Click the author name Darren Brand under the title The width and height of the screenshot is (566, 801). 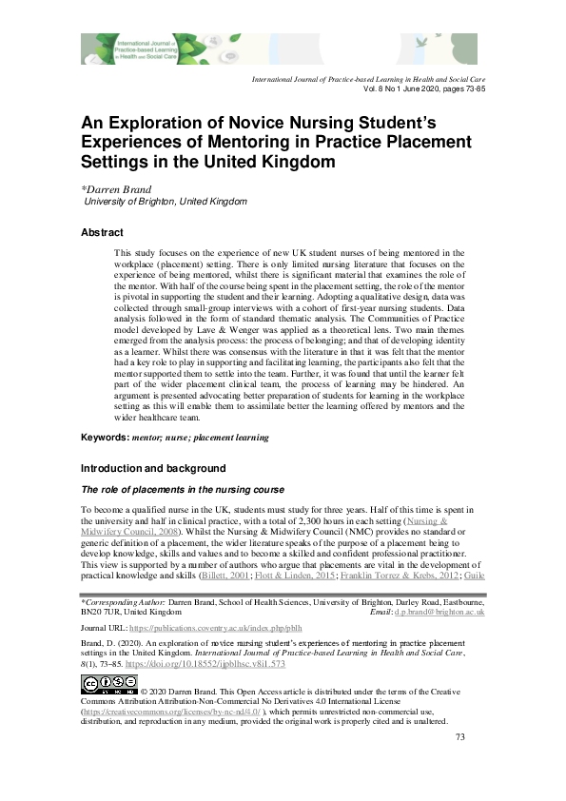click(x=125, y=188)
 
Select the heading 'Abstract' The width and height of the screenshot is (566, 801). click(x=102, y=233)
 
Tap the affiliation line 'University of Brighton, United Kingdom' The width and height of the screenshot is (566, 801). click(x=166, y=202)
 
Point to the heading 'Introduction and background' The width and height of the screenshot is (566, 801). click(x=153, y=469)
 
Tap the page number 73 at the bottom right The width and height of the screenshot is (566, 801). click(x=460, y=764)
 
